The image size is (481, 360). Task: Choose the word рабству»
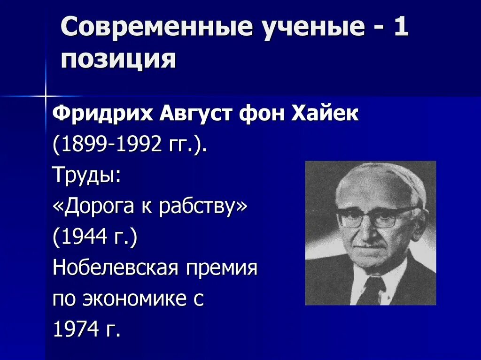(203, 207)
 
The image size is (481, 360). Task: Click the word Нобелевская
(113, 268)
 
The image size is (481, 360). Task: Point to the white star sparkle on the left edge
(46, 96)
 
